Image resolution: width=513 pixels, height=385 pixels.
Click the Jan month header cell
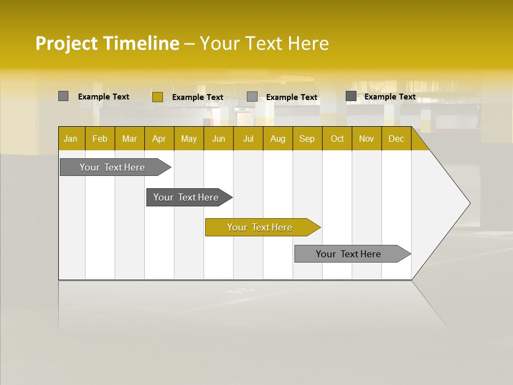(x=71, y=138)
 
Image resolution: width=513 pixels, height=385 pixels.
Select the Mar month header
(x=129, y=138)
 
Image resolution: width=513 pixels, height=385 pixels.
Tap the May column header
(x=189, y=138)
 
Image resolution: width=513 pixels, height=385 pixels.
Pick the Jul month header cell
(x=248, y=138)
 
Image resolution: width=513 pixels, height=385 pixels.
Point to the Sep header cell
(x=307, y=138)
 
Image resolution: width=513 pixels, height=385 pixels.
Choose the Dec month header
(x=396, y=138)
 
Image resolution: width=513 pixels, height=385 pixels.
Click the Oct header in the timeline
(x=337, y=138)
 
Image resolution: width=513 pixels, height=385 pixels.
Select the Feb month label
(x=100, y=138)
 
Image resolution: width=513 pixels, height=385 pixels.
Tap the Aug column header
(x=277, y=138)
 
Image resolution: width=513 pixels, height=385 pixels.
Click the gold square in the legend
(x=157, y=97)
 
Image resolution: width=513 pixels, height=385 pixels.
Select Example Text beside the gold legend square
(x=197, y=97)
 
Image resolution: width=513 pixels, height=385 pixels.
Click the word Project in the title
(x=66, y=43)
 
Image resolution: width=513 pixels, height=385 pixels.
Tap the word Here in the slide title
(x=308, y=43)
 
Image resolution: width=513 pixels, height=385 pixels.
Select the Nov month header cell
(x=367, y=138)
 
